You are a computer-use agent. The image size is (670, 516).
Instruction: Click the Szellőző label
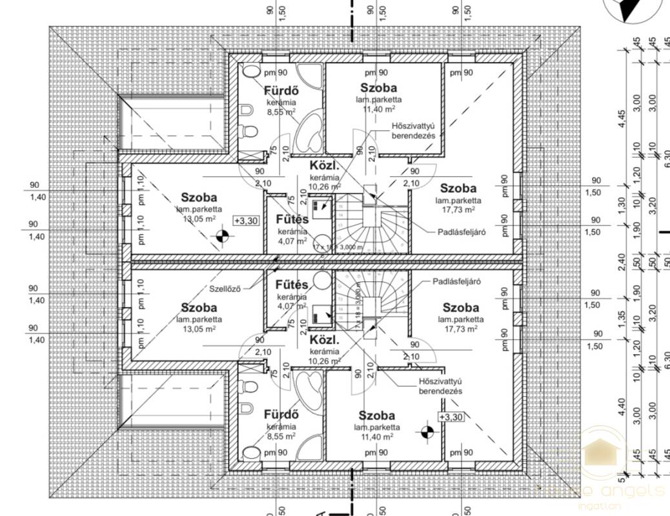(x=225, y=288)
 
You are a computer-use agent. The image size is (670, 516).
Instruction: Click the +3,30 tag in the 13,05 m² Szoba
(x=245, y=221)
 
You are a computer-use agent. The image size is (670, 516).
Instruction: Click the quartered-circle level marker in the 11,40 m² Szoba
(x=426, y=432)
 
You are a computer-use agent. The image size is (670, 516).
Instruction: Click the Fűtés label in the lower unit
(x=292, y=284)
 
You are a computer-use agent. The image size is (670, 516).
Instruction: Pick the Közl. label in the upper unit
(x=321, y=166)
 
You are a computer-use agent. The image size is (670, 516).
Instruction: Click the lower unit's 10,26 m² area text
(x=325, y=361)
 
